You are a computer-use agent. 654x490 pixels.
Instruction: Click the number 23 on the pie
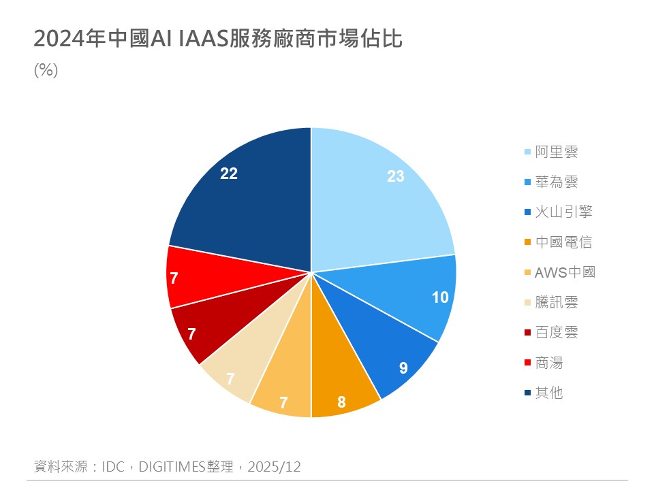pyautogui.click(x=396, y=176)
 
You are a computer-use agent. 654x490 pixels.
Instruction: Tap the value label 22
pyautogui.click(x=229, y=174)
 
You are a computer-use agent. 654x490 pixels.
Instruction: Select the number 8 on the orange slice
pyautogui.click(x=341, y=402)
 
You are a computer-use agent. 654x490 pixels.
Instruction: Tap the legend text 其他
pyautogui.click(x=549, y=393)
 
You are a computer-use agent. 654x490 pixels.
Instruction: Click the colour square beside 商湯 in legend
pyautogui.click(x=527, y=363)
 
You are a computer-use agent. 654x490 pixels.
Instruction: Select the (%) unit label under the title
pyautogui.click(x=46, y=71)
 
